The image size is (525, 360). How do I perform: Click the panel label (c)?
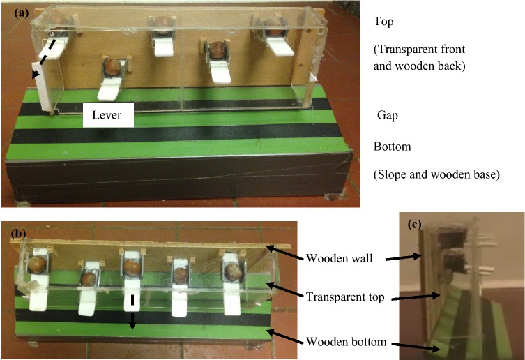click(x=415, y=225)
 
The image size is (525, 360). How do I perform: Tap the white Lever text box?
click(x=108, y=116)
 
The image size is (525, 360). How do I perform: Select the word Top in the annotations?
click(x=383, y=22)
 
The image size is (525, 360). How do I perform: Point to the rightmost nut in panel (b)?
click(x=233, y=267)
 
